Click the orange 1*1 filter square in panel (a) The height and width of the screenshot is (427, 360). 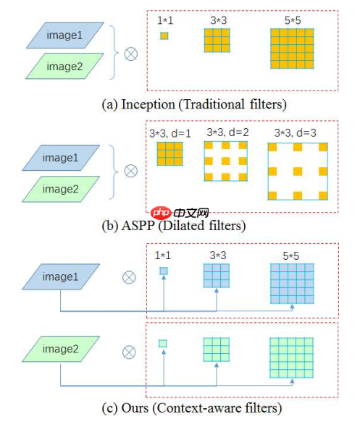pos(164,35)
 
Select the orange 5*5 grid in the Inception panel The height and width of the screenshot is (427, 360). pos(292,50)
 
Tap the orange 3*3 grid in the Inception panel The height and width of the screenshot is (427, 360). pos(217,41)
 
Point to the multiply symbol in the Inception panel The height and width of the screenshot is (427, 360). pos(130,53)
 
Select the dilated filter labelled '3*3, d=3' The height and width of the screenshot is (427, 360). pos(297,171)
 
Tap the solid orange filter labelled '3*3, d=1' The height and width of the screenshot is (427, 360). pos(169,153)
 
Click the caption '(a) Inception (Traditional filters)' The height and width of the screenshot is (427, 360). pos(193,103)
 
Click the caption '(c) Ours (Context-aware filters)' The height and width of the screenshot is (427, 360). pos(191,408)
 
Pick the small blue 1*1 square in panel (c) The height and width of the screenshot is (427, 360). pos(164,271)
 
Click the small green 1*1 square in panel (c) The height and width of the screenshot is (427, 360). pos(164,343)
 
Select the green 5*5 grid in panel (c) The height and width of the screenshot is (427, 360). pos(292,358)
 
